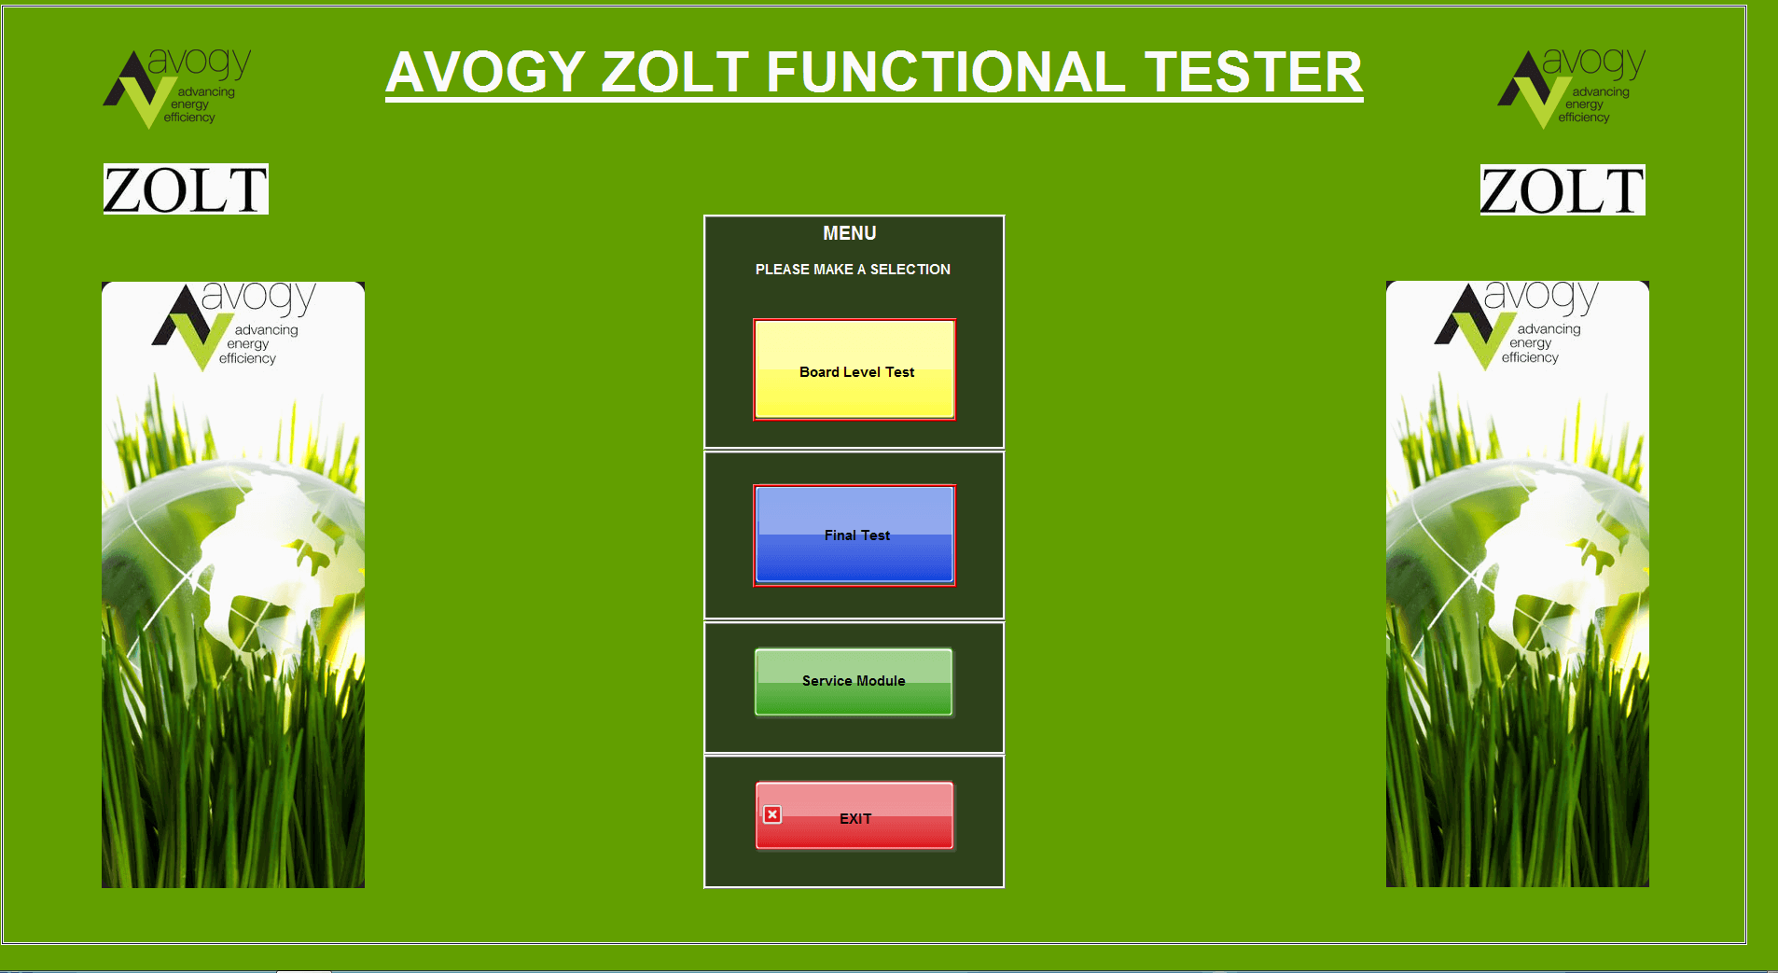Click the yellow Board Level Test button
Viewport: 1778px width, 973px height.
click(x=854, y=369)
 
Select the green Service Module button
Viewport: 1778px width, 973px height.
click(x=854, y=682)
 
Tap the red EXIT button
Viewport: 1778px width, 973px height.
click(x=854, y=816)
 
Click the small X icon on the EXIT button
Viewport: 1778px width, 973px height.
click(x=772, y=814)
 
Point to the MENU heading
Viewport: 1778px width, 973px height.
click(x=850, y=233)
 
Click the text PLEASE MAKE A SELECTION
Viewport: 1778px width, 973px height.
click(x=853, y=270)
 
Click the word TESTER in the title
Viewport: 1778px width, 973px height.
click(x=1254, y=73)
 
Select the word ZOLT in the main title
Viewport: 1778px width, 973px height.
click(x=675, y=73)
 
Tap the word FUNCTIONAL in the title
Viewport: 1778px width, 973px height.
click(x=946, y=73)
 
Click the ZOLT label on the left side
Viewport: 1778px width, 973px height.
click(x=186, y=189)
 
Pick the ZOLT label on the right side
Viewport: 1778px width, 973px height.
click(x=1563, y=190)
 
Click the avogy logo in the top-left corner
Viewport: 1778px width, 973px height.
click(x=177, y=88)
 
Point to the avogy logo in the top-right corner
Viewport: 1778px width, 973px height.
click(x=1572, y=88)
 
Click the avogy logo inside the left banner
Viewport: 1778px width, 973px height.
click(x=234, y=326)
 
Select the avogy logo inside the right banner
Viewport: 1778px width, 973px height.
click(x=1517, y=325)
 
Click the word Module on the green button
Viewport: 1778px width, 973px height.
click(x=881, y=681)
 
